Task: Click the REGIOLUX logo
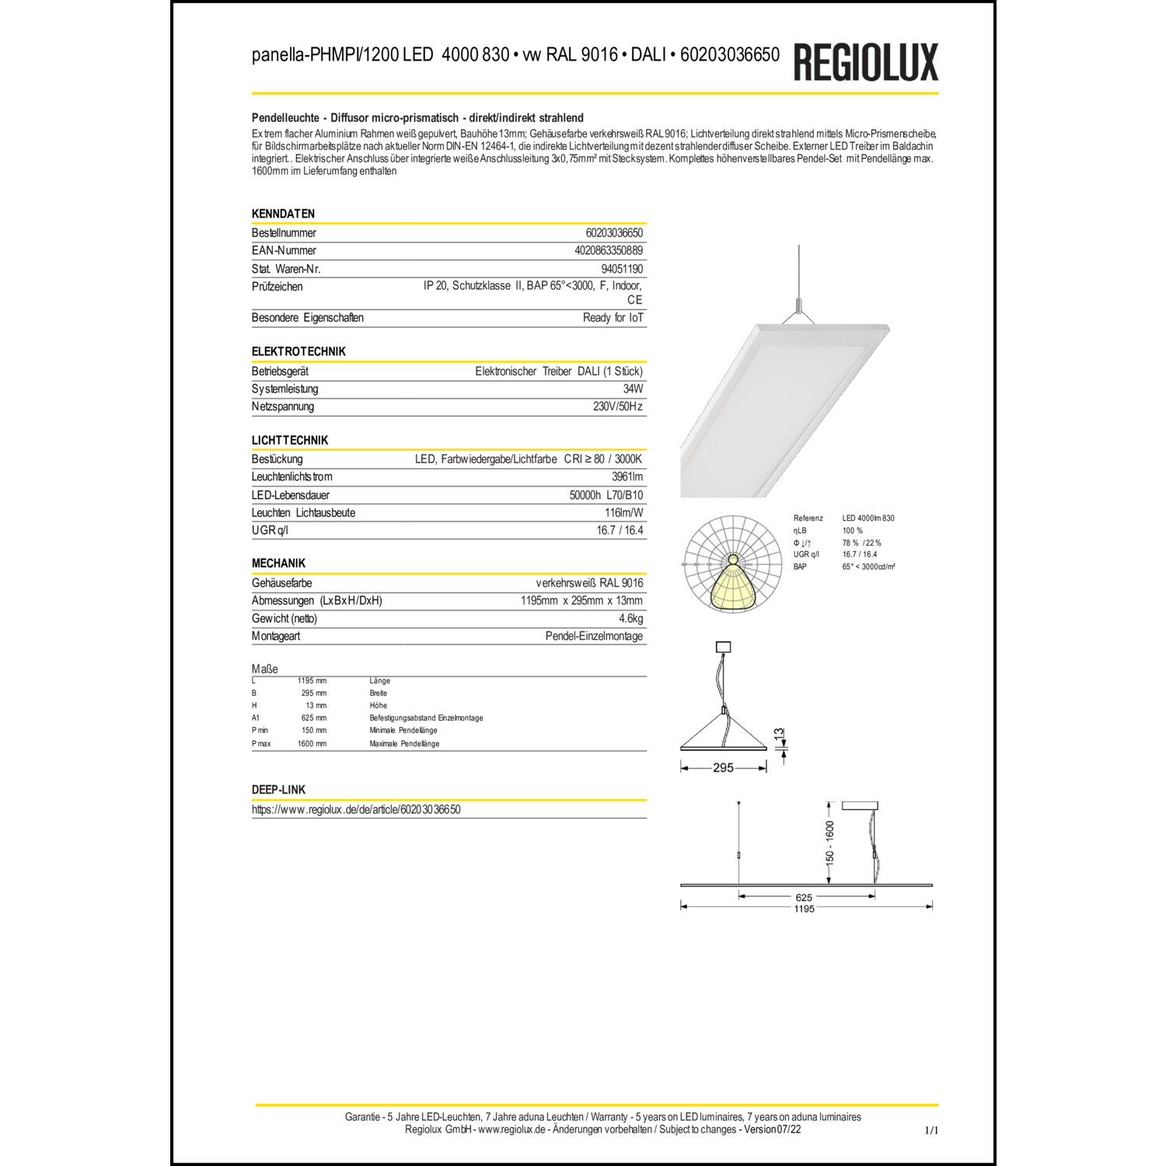865,62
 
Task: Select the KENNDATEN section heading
283,214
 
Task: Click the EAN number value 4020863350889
609,250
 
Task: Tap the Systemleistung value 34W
633,389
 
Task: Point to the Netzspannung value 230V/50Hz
618,407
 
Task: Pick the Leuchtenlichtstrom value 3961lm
627,477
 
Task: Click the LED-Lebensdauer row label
291,495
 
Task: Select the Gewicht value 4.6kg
631,619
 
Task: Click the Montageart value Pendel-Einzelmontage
594,636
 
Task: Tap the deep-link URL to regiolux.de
356,809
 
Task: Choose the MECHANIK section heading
278,564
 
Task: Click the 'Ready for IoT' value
613,317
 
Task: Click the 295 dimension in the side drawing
723,768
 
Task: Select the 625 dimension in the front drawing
804,897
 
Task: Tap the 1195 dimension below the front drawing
804,909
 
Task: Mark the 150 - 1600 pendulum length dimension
830,843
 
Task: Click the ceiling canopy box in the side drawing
723,647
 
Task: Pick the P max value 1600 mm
312,744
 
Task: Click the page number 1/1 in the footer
931,1131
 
